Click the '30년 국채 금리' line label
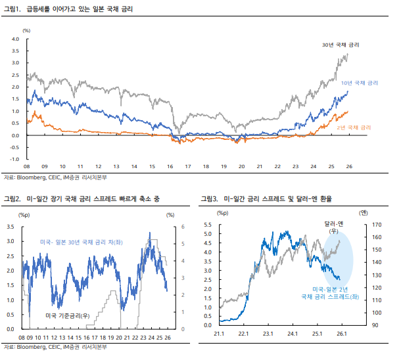(341, 45)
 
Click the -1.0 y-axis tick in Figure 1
(13, 159)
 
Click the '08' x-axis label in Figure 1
(27, 168)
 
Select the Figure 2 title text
(85, 198)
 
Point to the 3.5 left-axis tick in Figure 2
(10, 227)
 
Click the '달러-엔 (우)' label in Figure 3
(335, 228)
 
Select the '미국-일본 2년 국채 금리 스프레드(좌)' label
(336, 293)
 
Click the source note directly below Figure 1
(55, 177)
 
